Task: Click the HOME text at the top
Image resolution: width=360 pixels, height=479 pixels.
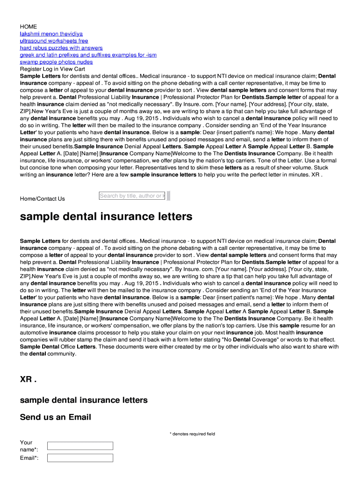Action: point(28,27)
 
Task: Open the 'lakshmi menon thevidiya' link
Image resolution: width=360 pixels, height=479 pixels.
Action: point(51,34)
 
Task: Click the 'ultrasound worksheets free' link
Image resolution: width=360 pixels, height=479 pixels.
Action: point(54,41)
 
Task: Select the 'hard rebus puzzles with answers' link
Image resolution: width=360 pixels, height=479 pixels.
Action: point(61,48)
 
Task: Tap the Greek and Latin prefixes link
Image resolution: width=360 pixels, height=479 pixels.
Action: point(88,55)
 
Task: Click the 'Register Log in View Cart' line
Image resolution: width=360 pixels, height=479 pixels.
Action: point(52,69)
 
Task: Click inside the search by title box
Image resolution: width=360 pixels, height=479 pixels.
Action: point(132,196)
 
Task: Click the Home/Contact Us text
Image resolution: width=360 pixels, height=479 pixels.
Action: point(42,199)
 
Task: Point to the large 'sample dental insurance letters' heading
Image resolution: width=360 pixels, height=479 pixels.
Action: point(106,217)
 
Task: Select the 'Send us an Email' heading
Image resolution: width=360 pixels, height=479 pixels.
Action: point(55,417)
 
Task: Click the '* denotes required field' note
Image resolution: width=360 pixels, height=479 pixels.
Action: point(192,434)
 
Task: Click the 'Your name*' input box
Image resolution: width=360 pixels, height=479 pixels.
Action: point(80,446)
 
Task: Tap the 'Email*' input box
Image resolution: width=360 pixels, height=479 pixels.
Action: point(80,457)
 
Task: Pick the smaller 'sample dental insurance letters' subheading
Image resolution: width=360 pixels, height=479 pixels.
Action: point(84,400)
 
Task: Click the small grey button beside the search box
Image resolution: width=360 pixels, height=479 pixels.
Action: point(168,196)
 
